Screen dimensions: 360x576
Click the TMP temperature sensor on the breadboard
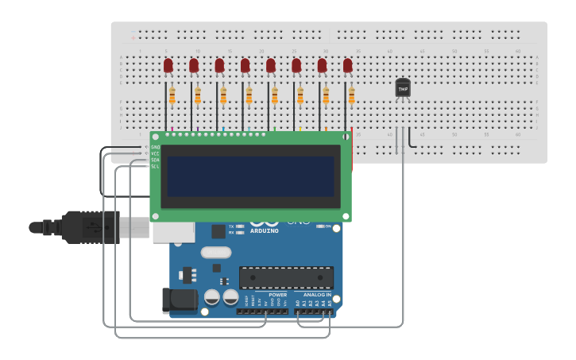403,88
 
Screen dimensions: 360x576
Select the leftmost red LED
168,66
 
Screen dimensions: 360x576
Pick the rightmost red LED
347,66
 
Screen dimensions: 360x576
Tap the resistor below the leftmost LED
172,96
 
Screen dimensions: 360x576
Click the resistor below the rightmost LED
351,96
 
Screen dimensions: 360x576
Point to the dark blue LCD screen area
250,176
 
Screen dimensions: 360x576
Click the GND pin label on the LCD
155,147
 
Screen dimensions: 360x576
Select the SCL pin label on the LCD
155,166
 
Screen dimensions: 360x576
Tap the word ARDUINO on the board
265,231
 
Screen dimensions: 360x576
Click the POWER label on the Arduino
277,294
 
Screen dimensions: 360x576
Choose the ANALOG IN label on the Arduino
317,294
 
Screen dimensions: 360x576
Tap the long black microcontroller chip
286,277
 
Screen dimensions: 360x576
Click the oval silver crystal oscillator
215,253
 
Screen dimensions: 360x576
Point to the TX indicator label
231,226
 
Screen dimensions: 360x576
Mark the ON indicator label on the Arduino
327,226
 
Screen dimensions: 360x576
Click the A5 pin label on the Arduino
330,304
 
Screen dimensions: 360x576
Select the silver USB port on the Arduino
173,231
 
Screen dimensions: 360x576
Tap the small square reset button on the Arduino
218,231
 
